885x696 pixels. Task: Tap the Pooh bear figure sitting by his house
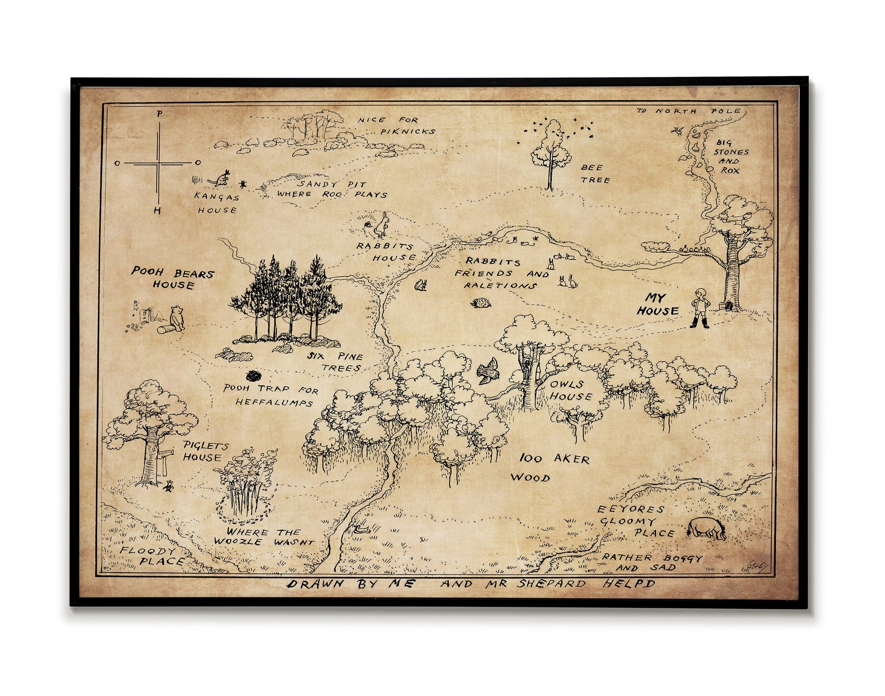(x=177, y=317)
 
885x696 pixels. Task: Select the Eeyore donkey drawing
(x=706, y=528)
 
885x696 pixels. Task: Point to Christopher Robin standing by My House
(x=700, y=307)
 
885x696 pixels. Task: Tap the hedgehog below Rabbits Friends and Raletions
(x=481, y=303)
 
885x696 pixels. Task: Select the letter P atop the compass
(x=160, y=113)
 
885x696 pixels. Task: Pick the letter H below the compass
(x=158, y=211)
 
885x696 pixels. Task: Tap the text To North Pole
(x=689, y=111)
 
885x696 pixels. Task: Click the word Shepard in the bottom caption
(x=551, y=584)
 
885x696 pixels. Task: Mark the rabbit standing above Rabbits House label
(x=382, y=224)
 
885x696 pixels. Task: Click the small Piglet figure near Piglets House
(x=168, y=486)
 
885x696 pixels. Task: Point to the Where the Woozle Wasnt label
(x=264, y=536)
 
